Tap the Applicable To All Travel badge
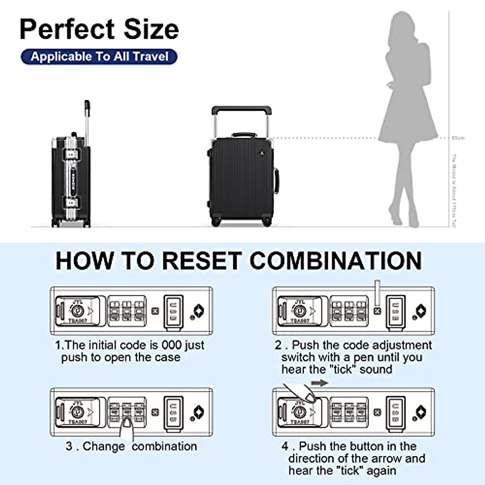click(x=99, y=57)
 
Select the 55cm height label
click(x=458, y=138)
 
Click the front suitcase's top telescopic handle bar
click(x=241, y=109)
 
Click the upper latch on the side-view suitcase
click(x=72, y=154)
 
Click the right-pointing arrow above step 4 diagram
click(x=320, y=383)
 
